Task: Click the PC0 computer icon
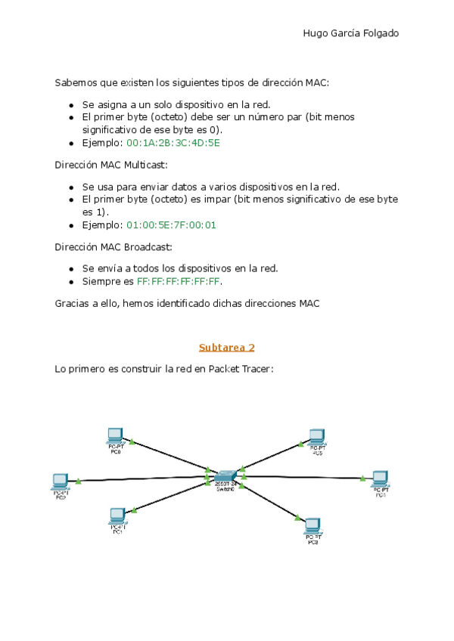[115, 435]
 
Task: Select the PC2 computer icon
[61, 480]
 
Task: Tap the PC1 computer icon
[117, 516]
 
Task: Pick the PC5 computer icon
[316, 437]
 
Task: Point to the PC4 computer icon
[380, 478]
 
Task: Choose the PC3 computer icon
[312, 525]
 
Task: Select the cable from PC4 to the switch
[303, 477]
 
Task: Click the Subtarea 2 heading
[226, 348]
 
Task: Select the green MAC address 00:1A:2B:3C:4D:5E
[173, 143]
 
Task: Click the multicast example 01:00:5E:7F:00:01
[172, 225]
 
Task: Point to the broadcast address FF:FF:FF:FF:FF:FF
[179, 281]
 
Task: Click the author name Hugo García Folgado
[350, 33]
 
